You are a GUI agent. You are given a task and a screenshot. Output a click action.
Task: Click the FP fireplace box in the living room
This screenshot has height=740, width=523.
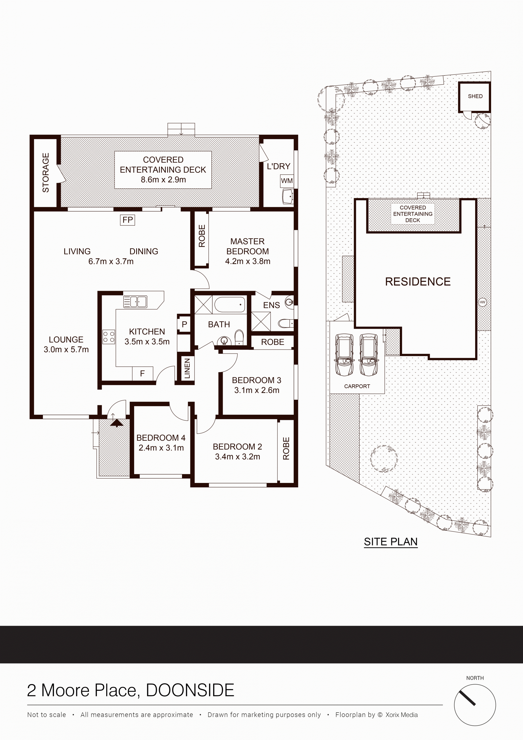(x=127, y=220)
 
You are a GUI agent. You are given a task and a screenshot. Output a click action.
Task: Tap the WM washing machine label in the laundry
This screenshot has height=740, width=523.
(x=287, y=181)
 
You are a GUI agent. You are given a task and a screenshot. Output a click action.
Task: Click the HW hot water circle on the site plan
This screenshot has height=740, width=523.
(x=482, y=302)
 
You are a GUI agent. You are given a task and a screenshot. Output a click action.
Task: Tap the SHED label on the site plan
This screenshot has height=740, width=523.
(x=475, y=96)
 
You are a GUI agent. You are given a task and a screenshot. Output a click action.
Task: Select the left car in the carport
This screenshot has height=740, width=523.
(x=344, y=355)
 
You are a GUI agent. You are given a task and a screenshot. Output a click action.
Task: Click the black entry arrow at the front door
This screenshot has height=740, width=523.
(x=117, y=423)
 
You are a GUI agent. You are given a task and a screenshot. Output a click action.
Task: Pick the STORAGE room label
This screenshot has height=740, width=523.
(x=46, y=173)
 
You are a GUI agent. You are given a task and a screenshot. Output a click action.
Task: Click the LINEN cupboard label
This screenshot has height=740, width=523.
(x=187, y=368)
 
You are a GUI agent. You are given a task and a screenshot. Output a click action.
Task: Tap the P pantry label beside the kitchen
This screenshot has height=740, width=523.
(x=184, y=324)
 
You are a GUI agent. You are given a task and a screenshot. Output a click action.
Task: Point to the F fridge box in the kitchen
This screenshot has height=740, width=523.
(x=143, y=374)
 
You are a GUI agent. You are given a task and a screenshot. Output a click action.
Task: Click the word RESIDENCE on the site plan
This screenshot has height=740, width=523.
(x=418, y=282)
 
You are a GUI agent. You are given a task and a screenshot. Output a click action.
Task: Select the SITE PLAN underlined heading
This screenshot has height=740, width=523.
(x=391, y=542)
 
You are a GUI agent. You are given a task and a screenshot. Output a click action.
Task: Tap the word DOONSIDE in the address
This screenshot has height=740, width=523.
(x=190, y=690)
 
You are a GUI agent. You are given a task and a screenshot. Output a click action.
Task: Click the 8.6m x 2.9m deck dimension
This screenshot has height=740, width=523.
(x=163, y=180)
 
